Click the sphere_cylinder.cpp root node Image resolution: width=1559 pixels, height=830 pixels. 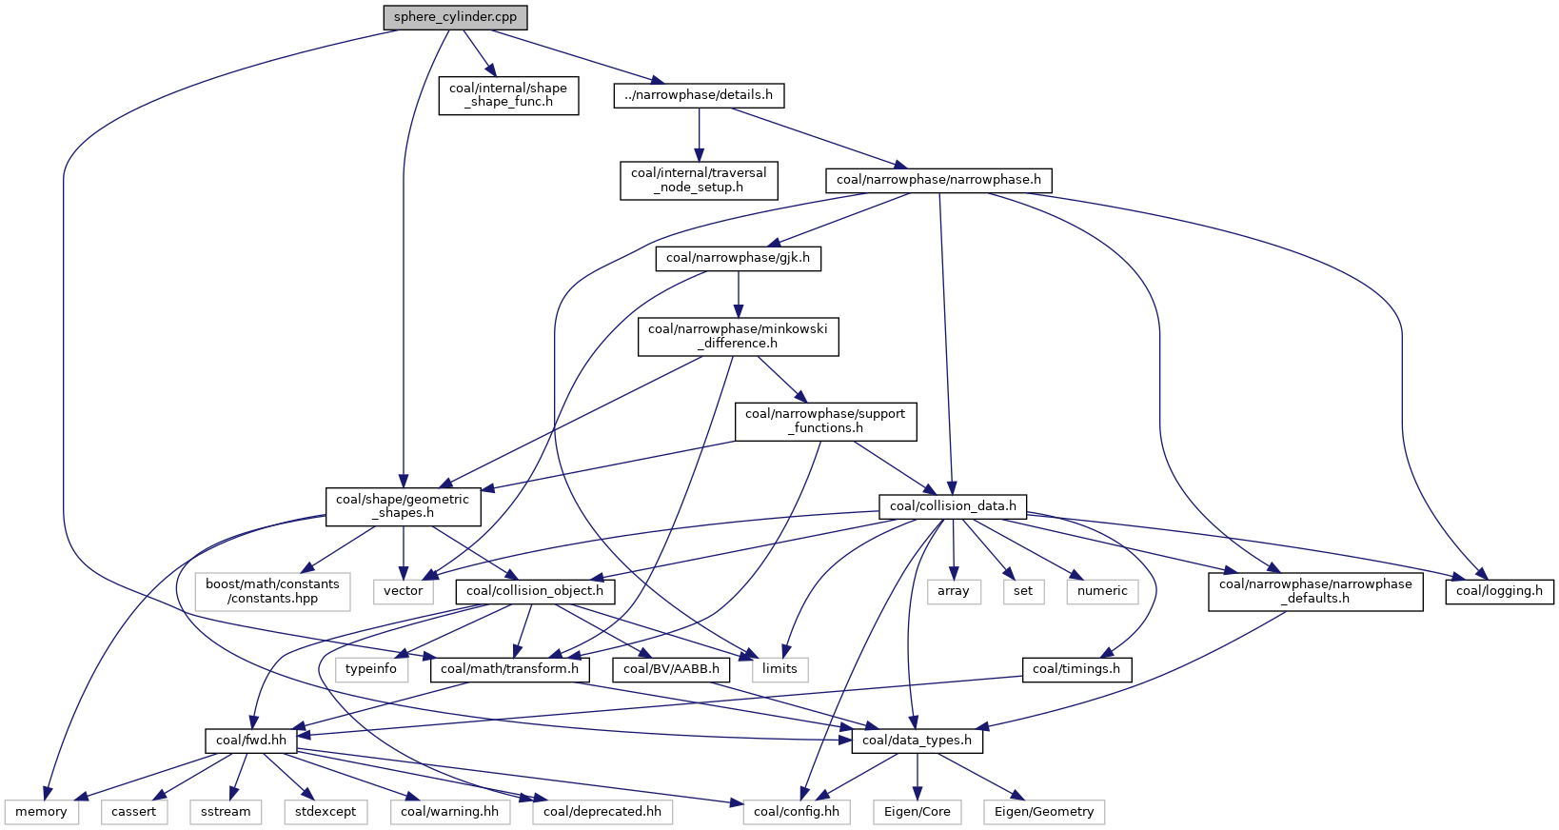(x=455, y=17)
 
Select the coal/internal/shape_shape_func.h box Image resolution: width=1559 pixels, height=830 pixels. (x=508, y=95)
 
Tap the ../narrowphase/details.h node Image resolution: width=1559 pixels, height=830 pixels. (x=699, y=95)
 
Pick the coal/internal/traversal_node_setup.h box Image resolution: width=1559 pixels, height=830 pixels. (x=699, y=180)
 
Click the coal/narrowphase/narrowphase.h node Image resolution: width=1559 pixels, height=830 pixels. (x=938, y=180)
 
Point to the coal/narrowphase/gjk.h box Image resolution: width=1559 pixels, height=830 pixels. (x=738, y=258)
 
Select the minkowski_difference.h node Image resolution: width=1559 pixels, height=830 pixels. (x=738, y=336)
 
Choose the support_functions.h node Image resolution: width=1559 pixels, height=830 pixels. (x=825, y=422)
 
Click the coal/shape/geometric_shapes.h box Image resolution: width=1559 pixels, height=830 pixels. (x=403, y=506)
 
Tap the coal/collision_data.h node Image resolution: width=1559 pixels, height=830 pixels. (x=953, y=506)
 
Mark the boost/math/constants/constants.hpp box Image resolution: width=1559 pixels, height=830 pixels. (x=272, y=591)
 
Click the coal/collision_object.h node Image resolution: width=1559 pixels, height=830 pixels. (x=535, y=591)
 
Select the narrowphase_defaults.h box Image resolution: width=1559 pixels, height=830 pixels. (x=1315, y=591)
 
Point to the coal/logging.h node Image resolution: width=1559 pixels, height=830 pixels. (x=1499, y=591)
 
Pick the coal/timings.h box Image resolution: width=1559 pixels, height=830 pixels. (x=1076, y=669)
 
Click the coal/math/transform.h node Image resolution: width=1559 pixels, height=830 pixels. (x=509, y=669)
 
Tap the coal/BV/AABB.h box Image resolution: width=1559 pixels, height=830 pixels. (x=671, y=669)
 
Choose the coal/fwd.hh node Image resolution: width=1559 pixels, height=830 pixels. (x=251, y=741)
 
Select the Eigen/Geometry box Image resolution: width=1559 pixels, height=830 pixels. (x=1044, y=811)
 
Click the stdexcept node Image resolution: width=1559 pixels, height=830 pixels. (x=326, y=811)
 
